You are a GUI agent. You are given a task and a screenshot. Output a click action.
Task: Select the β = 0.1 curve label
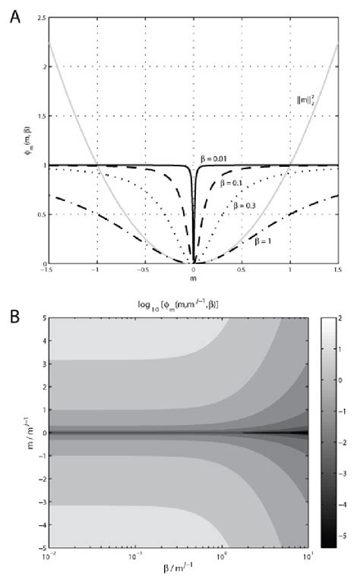(x=232, y=182)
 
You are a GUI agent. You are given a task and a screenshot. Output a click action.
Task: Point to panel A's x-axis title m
(x=194, y=279)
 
